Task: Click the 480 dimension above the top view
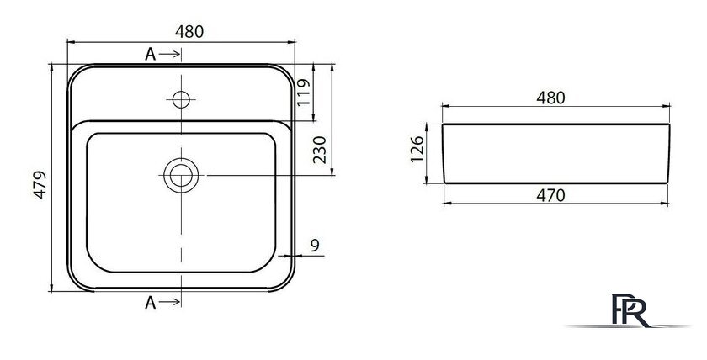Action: click(x=189, y=31)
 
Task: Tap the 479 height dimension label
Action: click(x=40, y=184)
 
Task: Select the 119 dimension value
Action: click(x=304, y=93)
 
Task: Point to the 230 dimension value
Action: click(x=319, y=150)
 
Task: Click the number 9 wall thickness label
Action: click(x=315, y=245)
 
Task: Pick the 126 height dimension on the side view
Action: click(x=417, y=149)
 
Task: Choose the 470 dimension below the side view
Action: click(x=550, y=195)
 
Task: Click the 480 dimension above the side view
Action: click(x=550, y=98)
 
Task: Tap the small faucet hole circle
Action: click(x=181, y=99)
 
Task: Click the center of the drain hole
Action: click(x=181, y=175)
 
